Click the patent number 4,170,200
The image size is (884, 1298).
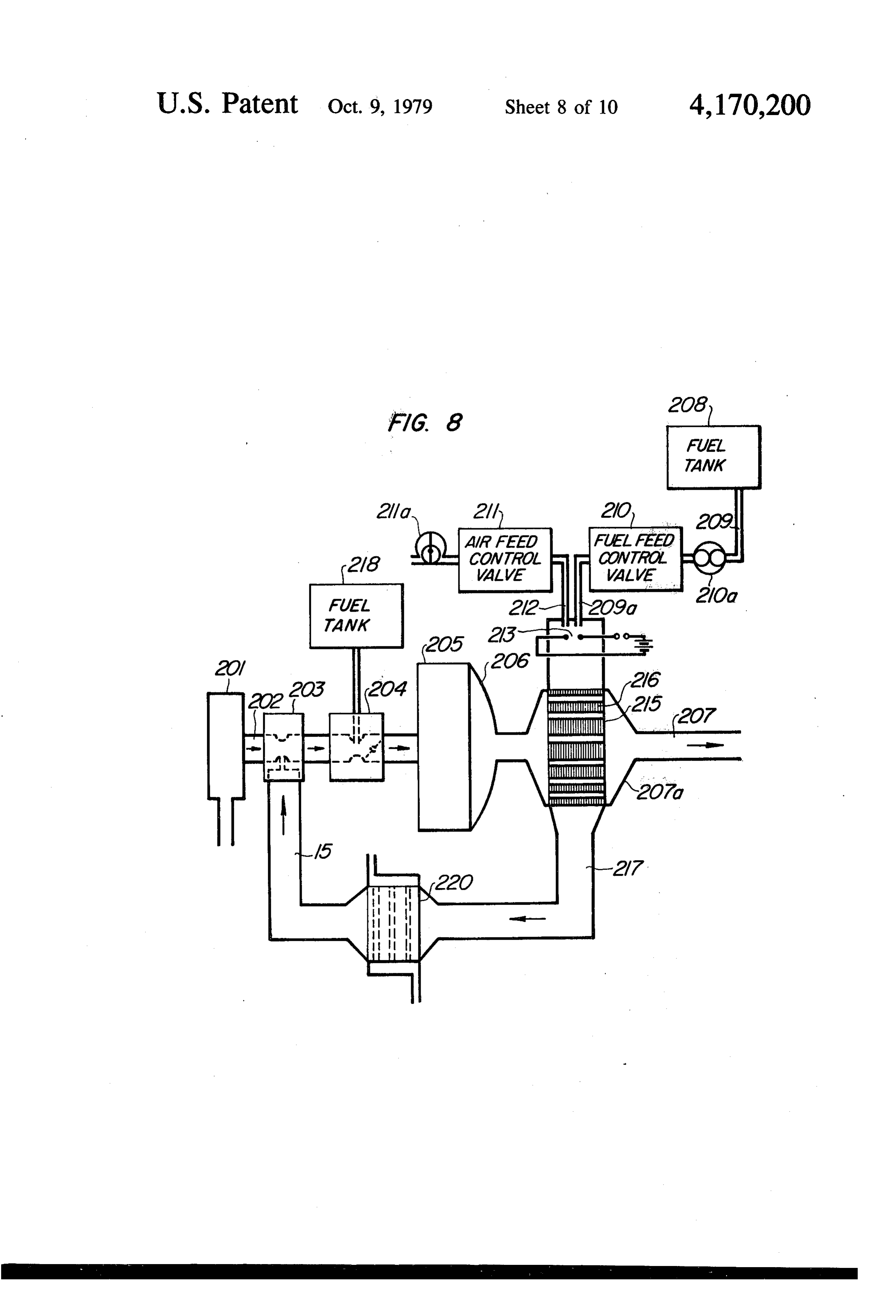[x=749, y=105]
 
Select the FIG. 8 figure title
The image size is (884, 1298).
[x=425, y=422]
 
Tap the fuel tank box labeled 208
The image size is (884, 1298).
[x=714, y=457]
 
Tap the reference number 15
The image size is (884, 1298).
[x=323, y=851]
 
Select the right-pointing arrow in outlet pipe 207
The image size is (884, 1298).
[x=705, y=745]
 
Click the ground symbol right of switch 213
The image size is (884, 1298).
[x=645, y=644]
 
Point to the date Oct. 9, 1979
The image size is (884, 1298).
[x=380, y=107]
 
